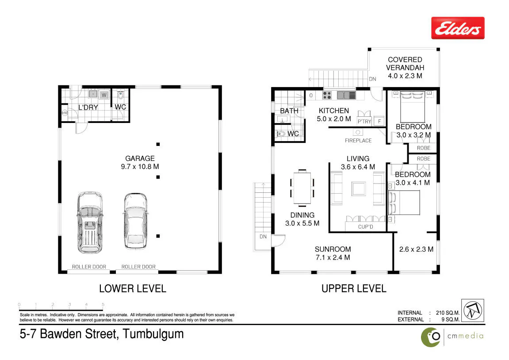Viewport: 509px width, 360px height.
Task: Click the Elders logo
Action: pyautogui.click(x=458, y=28)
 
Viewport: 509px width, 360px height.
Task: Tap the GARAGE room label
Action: pyautogui.click(x=140, y=158)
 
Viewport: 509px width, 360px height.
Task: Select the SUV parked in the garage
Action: pyautogui.click(x=90, y=222)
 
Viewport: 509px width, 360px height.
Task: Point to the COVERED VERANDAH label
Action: pyautogui.click(x=405, y=64)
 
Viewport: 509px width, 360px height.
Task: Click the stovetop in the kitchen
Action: pyautogui.click(x=327, y=95)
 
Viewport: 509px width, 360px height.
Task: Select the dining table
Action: pyautogui.click(x=302, y=188)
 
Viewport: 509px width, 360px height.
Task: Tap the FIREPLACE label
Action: pyautogui.click(x=358, y=141)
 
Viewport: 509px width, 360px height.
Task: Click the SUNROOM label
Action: pyautogui.click(x=333, y=249)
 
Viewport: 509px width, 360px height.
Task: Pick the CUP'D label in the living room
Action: pyautogui.click(x=366, y=227)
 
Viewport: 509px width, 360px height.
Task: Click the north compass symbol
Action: pyautogui.click(x=473, y=310)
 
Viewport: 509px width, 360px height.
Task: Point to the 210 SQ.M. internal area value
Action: pyautogui.click(x=448, y=313)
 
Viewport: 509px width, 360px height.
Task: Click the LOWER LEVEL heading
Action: pyautogui.click(x=132, y=289)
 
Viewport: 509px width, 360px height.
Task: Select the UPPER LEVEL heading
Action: pyautogui.click(x=354, y=289)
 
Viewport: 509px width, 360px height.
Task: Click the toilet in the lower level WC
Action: pyautogui.click(x=120, y=95)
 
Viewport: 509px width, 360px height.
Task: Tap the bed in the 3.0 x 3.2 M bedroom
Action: pyautogui.click(x=412, y=107)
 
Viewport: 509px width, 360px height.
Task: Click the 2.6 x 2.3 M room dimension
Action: pyautogui.click(x=416, y=249)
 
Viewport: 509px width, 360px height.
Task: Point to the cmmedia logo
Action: pyautogui.click(x=452, y=336)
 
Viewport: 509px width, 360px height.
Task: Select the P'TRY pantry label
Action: pyautogui.click(x=364, y=122)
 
